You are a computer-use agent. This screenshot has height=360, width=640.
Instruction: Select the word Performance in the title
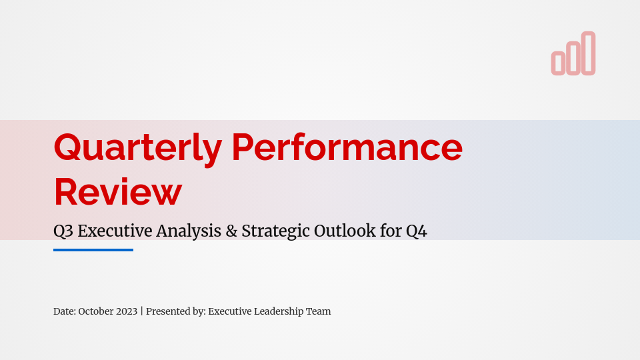[347, 148]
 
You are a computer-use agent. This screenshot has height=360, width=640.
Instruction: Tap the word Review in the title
[117, 191]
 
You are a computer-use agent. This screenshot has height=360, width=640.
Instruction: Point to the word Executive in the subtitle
[115, 231]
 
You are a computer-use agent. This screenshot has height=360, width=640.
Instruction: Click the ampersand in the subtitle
[231, 231]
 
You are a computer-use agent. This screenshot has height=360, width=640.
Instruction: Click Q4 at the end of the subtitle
[416, 231]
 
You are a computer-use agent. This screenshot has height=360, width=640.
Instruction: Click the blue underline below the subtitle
[93, 250]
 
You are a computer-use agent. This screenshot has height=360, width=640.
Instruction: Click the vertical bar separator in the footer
[142, 311]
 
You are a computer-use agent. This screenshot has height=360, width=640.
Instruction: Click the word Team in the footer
[319, 311]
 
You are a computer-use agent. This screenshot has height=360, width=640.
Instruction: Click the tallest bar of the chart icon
[588, 53]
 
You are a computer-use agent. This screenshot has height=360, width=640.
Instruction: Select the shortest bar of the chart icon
[558, 63]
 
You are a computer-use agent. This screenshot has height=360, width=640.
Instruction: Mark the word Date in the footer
[64, 311]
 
